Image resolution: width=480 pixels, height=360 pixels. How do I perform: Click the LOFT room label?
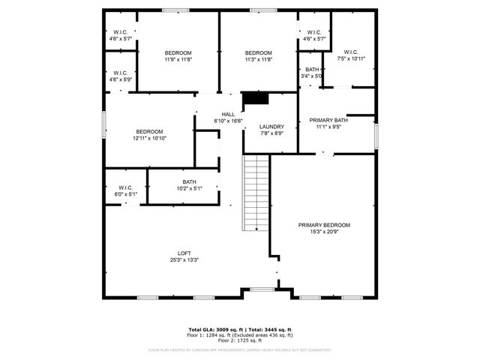pos(184,253)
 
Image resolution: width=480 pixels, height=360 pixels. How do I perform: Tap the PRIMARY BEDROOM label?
pos(324,225)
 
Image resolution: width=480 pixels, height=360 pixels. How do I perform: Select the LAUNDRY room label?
pos(271,127)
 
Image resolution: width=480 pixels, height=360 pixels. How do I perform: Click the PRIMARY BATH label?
pos(331,121)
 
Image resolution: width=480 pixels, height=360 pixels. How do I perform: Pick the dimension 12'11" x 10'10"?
pos(149,138)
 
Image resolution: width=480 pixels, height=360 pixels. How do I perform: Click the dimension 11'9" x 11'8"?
pos(178,59)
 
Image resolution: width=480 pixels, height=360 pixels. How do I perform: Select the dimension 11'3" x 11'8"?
pos(259,59)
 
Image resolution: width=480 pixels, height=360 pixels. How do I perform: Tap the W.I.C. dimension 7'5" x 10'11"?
pos(352,59)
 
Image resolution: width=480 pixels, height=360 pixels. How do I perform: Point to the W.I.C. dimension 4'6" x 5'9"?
pos(120,79)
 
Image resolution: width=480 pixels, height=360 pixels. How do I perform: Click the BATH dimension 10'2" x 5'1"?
pos(189,187)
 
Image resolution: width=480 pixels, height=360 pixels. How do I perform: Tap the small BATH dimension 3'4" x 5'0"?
pos(312,76)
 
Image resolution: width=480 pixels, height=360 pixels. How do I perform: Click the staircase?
pos(256,193)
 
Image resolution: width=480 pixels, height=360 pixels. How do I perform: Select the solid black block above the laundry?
pos(256,99)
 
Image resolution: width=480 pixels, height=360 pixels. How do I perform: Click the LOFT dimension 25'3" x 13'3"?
pos(184,259)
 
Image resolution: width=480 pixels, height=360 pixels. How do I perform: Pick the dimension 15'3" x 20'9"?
pos(324,232)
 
